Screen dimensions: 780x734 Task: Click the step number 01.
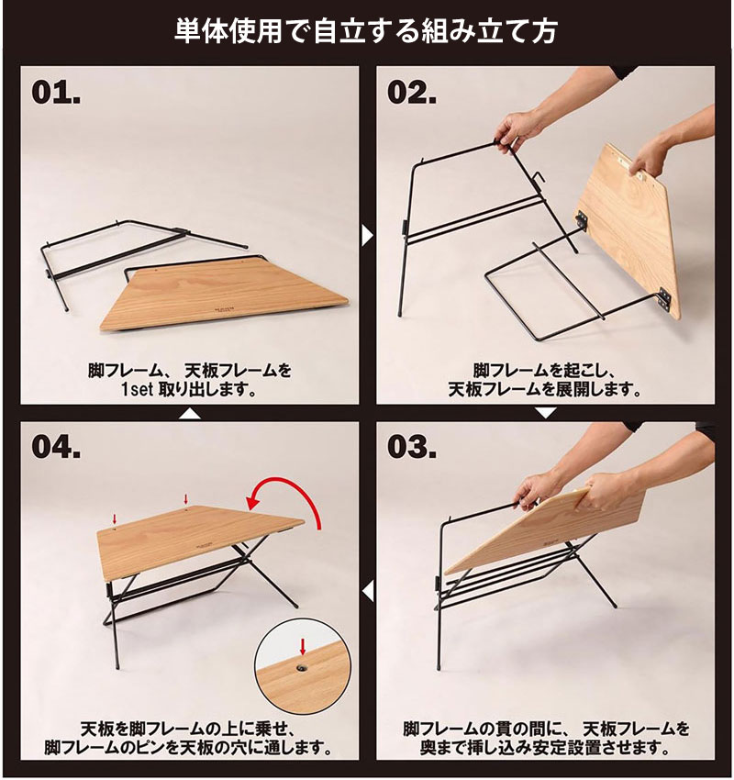[57, 93]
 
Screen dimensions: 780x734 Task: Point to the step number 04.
[57, 447]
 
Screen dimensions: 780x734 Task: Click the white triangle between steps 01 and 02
[367, 236]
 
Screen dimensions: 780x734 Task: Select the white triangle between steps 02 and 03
[546, 414]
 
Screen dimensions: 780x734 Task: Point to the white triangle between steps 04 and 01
[188, 414]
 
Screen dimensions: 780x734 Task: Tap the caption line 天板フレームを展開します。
[546, 390]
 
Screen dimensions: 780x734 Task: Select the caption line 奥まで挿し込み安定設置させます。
[547, 749]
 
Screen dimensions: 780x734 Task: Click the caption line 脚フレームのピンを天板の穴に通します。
[188, 749]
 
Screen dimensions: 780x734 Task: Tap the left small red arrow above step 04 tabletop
[115, 520]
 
